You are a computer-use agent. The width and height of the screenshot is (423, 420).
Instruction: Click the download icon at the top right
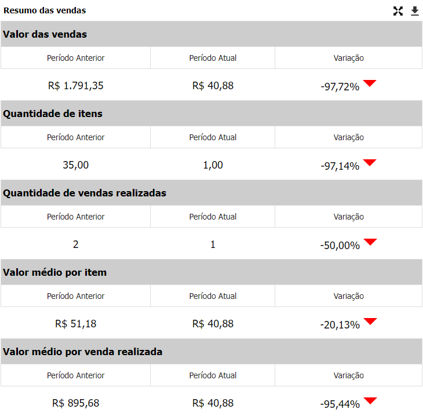tap(415, 11)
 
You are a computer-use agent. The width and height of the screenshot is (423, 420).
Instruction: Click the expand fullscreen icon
tap(398, 11)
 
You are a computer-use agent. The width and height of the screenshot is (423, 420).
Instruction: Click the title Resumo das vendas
tap(45, 10)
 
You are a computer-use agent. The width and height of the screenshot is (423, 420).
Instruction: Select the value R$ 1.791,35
tap(76, 86)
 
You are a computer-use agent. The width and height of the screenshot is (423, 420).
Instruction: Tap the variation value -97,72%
tap(340, 87)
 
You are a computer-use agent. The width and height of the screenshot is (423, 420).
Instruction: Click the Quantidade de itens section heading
tap(53, 114)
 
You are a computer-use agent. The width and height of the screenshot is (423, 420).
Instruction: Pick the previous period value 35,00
tap(76, 165)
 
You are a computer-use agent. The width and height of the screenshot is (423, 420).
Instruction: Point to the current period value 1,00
tap(213, 165)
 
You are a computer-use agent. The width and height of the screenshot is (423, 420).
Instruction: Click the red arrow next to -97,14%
tap(370, 162)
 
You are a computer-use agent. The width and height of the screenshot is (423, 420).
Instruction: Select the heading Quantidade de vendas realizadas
tap(85, 193)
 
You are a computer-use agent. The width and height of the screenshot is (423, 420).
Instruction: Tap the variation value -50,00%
tap(340, 246)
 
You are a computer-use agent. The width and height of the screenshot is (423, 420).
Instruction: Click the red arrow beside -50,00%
tap(370, 242)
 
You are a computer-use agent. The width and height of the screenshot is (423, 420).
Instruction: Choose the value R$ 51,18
tap(76, 324)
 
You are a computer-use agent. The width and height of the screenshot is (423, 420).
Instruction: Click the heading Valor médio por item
tap(55, 272)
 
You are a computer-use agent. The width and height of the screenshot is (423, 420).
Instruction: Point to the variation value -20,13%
tap(340, 325)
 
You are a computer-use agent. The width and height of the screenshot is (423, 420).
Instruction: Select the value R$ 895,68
tap(76, 403)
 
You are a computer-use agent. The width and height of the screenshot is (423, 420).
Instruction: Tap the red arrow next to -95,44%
tap(370, 400)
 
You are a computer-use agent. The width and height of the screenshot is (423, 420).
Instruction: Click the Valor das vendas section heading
tap(45, 34)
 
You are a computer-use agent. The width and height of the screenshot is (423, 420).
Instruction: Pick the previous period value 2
tap(76, 244)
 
